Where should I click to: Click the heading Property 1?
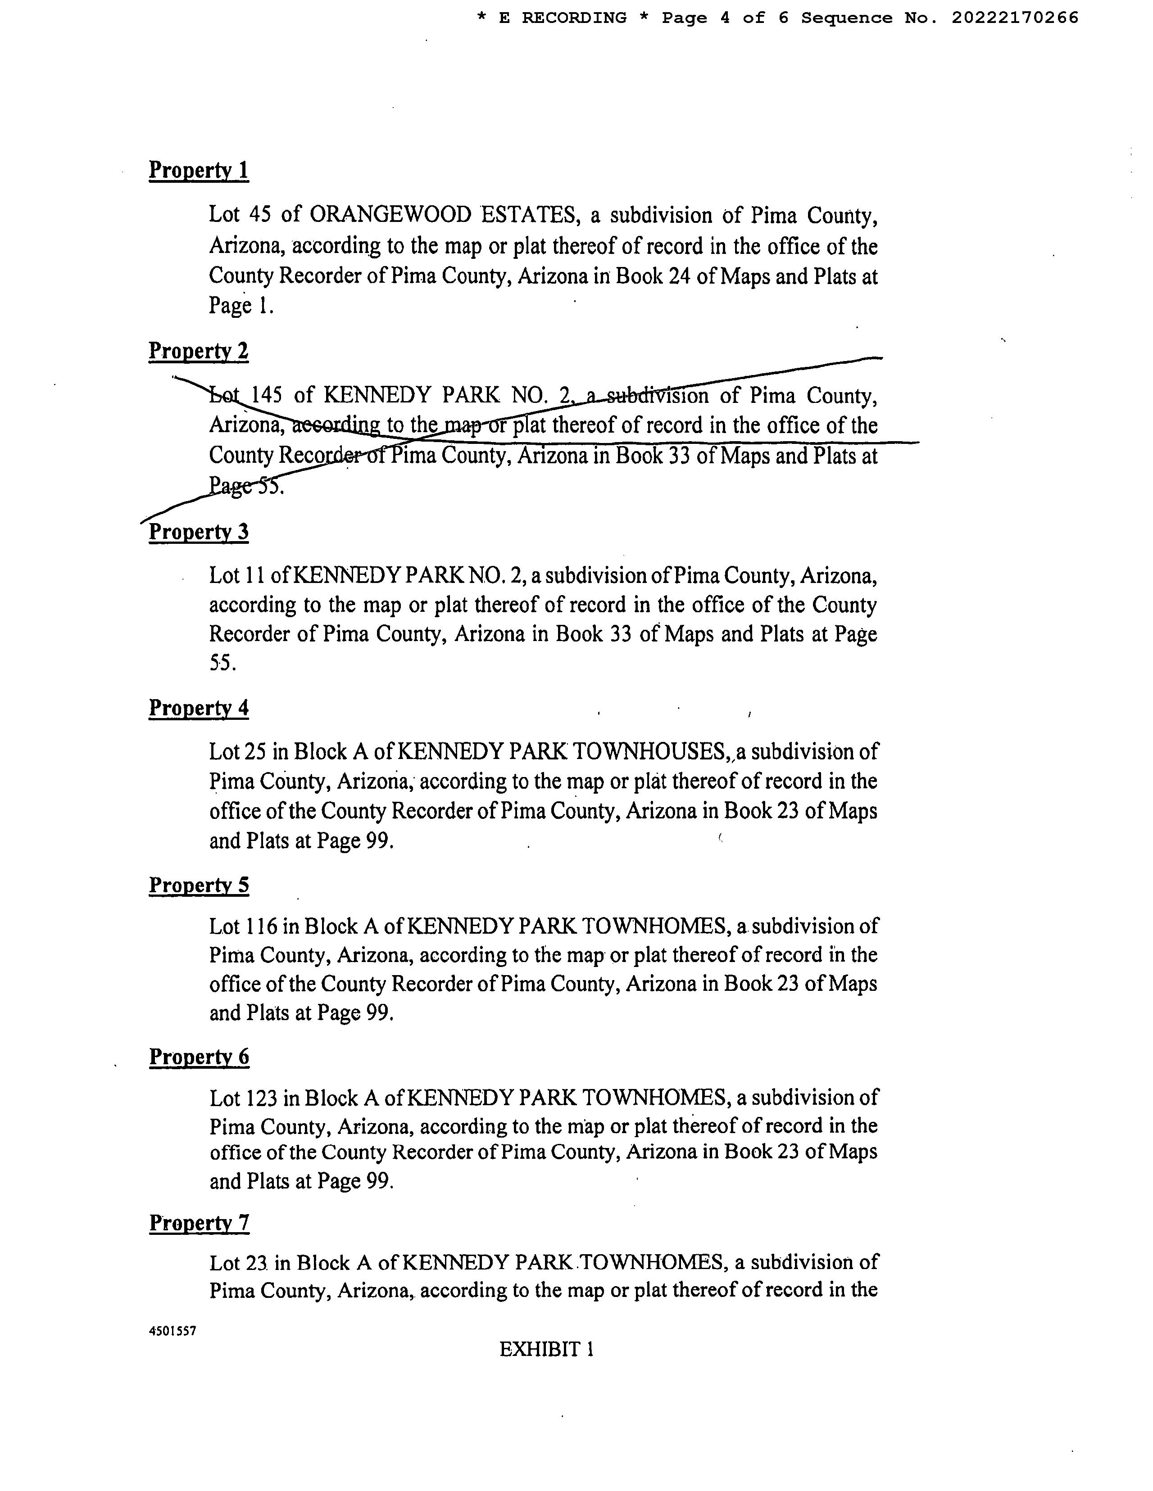[x=199, y=170]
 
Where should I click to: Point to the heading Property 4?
[x=199, y=708]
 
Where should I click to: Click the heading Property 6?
[x=199, y=1057]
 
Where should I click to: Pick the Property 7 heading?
[x=199, y=1223]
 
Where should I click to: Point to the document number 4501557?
[x=172, y=1331]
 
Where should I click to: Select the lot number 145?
[x=266, y=395]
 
